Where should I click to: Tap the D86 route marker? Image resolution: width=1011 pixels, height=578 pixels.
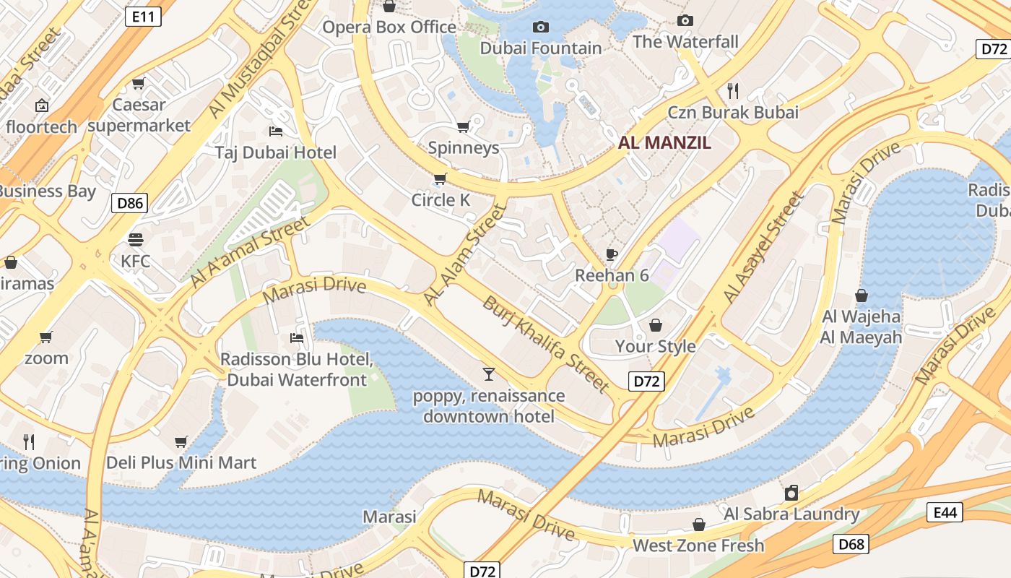tap(130, 203)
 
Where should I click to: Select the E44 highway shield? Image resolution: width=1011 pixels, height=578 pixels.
tap(945, 513)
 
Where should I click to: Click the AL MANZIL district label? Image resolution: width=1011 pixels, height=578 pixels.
tap(664, 142)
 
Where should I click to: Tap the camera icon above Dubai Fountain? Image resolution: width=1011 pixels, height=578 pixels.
tap(540, 27)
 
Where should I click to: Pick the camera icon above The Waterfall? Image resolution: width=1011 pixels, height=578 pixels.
tap(685, 20)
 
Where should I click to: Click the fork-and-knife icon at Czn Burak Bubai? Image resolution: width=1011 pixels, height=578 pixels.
tap(733, 90)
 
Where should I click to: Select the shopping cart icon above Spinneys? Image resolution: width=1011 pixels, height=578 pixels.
tap(463, 127)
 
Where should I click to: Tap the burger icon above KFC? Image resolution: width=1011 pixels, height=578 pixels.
tap(136, 239)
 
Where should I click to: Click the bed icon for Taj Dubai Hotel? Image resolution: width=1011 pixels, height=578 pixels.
tap(275, 131)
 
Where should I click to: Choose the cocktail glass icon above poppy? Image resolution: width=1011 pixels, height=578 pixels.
tap(489, 374)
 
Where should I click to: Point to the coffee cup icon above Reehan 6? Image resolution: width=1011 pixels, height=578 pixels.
tap(612, 254)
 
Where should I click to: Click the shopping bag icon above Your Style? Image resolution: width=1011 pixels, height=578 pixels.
tap(656, 325)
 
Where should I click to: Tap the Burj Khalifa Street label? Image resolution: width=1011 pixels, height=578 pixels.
tap(546, 344)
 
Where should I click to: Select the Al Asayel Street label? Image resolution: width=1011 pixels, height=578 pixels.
tap(763, 247)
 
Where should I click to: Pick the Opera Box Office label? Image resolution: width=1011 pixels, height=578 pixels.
tap(389, 27)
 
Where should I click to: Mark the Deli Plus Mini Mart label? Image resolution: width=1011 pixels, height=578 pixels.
tap(181, 462)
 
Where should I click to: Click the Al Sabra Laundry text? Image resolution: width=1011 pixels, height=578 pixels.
tap(791, 514)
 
